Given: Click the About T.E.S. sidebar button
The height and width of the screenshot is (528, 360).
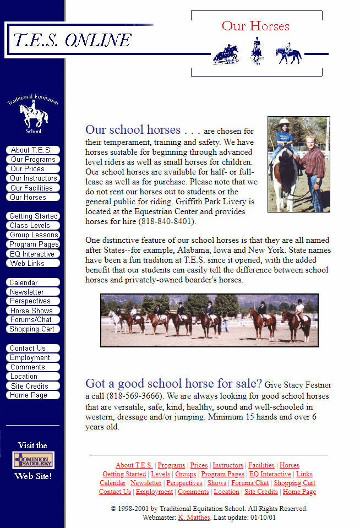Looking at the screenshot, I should click(x=32, y=150).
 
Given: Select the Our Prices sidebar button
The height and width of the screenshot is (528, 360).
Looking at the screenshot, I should click(x=32, y=169).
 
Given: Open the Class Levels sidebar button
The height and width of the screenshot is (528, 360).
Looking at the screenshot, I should click(x=32, y=226).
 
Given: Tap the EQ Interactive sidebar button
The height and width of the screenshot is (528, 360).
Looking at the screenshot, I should click(x=32, y=254).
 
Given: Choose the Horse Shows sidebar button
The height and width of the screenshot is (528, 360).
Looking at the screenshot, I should click(x=32, y=311).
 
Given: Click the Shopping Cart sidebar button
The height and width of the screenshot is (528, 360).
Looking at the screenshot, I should click(x=32, y=329).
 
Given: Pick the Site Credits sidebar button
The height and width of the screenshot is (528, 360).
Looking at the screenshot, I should click(x=32, y=386).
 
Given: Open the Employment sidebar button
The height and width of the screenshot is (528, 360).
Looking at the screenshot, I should click(x=32, y=358).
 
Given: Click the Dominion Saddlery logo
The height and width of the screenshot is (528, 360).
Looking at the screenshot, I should click(x=33, y=460).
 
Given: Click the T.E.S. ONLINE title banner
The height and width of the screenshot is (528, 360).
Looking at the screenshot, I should click(x=72, y=40).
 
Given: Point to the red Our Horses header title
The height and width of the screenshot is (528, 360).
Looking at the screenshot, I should click(x=255, y=26).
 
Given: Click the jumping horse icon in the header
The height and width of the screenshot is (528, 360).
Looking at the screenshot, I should click(x=226, y=55).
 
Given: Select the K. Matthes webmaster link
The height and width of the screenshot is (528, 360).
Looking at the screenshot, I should click(x=194, y=518).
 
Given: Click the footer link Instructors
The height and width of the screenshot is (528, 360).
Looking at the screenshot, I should click(x=228, y=465).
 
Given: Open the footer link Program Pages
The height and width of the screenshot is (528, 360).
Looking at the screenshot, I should click(x=222, y=474).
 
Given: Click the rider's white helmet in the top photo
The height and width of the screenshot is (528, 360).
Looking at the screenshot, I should click(x=284, y=122).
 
